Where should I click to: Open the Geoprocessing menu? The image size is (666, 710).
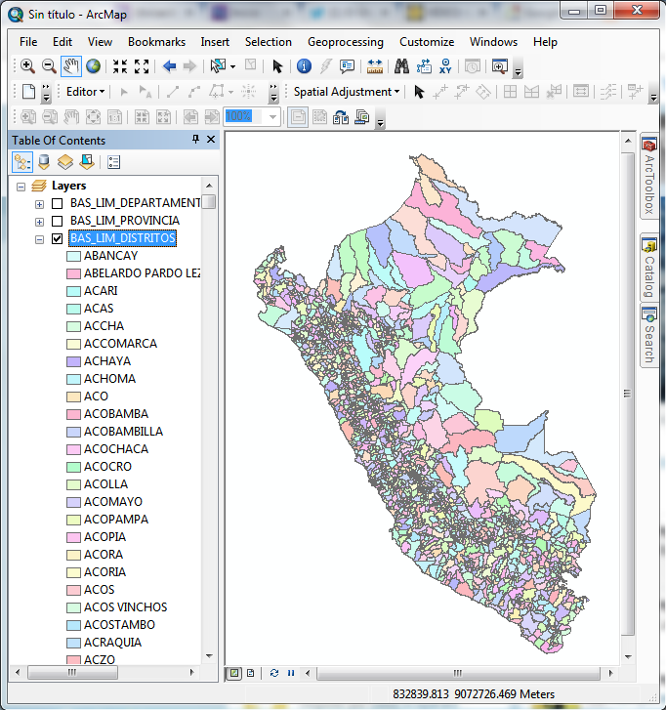345,42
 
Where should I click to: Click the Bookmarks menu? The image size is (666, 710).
156,42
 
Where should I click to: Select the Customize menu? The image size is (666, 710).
427,42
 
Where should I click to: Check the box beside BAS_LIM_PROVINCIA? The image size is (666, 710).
58,221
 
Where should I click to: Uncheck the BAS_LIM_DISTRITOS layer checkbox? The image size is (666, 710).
58,238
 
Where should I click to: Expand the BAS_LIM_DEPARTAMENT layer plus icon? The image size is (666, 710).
39,204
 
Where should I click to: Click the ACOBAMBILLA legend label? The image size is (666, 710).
123,432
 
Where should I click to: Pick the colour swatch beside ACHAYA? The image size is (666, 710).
73,361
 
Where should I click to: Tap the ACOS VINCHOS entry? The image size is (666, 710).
125,607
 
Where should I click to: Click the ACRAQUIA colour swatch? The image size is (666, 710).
73,643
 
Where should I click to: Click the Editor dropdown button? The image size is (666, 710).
86,92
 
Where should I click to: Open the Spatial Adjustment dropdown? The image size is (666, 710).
347,92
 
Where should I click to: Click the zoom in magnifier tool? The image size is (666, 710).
27,66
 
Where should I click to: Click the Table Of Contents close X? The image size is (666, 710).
211,140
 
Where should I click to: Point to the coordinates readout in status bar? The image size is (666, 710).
474,694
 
